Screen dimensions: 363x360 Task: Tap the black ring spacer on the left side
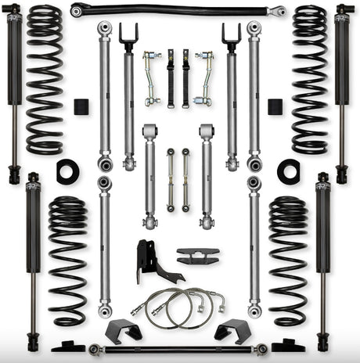tap(67, 171)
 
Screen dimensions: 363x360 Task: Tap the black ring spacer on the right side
tap(289, 171)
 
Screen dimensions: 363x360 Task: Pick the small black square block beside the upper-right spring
tap(275, 106)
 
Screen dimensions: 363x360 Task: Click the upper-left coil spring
tap(44, 78)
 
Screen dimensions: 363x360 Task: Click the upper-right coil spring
tap(310, 78)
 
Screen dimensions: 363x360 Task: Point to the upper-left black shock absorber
tap(13, 86)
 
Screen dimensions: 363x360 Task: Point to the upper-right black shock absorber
tap(342, 86)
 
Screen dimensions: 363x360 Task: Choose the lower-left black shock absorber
tap(33, 258)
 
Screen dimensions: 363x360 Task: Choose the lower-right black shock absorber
tap(323, 258)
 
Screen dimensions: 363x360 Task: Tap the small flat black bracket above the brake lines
tap(197, 257)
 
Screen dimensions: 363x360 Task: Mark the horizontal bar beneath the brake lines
tap(178, 348)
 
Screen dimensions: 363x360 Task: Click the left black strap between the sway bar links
tap(171, 78)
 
